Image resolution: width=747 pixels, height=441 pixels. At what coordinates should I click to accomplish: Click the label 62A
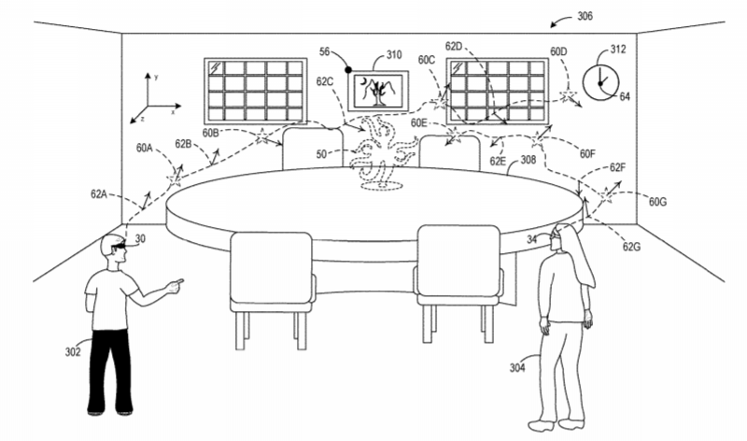click(101, 194)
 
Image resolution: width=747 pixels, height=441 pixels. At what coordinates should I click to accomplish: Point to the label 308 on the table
click(528, 160)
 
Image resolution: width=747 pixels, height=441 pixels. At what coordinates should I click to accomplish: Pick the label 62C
click(325, 81)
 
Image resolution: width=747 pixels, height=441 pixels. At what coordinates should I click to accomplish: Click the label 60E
click(419, 123)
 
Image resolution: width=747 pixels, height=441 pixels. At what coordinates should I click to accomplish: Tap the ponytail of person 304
click(585, 266)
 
